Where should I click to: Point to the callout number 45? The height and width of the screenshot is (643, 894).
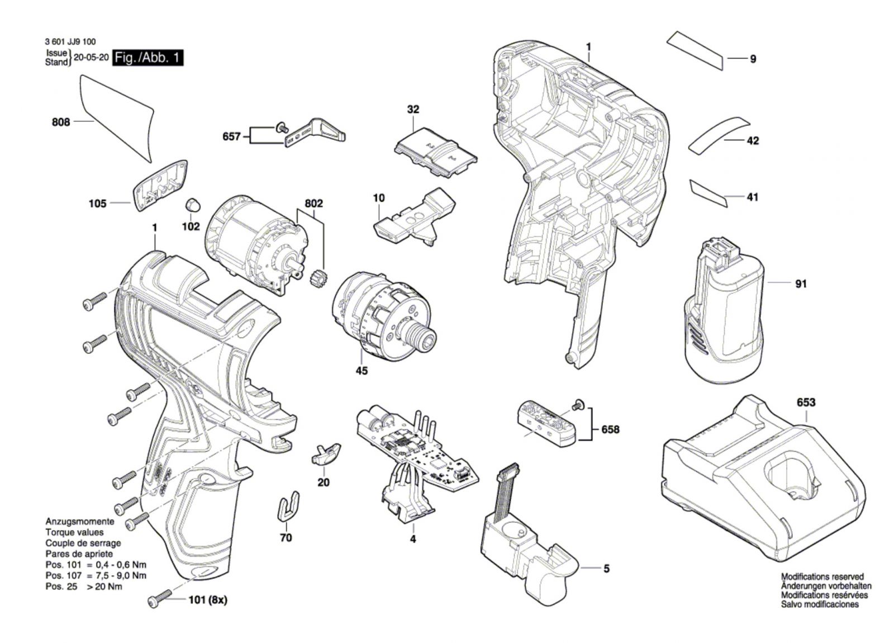point(362,371)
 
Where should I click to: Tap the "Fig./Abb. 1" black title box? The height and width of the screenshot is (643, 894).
point(148,58)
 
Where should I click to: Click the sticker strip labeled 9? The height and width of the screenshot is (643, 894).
point(696,50)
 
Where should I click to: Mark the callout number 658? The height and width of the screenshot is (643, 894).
point(610,429)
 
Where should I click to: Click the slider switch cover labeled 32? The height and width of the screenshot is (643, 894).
point(436,152)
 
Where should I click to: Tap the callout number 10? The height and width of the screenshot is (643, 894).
point(379,198)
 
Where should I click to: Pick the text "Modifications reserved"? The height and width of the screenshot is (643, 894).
point(822,576)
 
